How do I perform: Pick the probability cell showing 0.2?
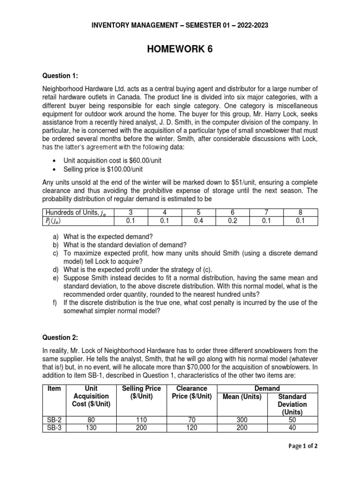pyautogui.click(x=232, y=221)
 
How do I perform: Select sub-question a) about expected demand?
pyautogui.click(x=105, y=236)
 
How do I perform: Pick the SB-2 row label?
pyautogui.click(x=54, y=420)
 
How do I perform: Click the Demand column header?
pyautogui.click(x=267, y=388)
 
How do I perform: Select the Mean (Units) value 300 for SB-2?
pyautogui.click(x=243, y=420)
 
